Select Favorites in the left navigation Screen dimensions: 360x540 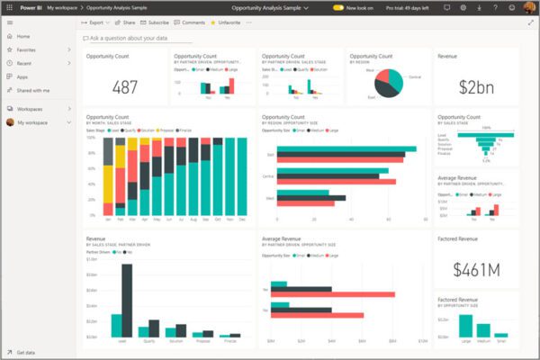[27, 50]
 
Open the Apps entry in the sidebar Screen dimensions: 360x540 [22, 77]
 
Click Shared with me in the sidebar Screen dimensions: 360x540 [33, 91]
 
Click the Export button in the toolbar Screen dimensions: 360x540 [96, 22]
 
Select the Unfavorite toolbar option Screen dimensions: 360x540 [229, 22]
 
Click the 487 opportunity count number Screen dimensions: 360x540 [123, 87]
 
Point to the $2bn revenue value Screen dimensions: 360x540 [473, 86]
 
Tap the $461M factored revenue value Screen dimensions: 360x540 [473, 267]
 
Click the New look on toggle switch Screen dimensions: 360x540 [338, 7]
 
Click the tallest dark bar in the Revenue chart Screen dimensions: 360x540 [127, 288]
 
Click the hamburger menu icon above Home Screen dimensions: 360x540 [8, 22]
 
